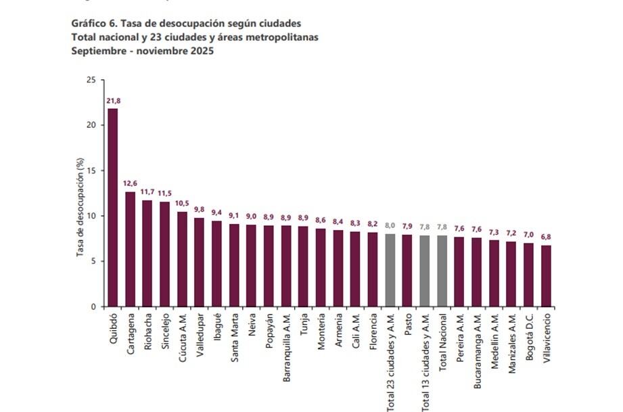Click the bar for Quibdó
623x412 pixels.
[x=112, y=208]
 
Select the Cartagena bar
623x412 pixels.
[x=130, y=249]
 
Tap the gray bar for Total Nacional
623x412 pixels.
[x=442, y=271]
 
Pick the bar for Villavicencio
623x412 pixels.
[x=546, y=275]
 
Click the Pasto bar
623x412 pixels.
[x=407, y=271]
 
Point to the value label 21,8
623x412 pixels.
[x=113, y=101]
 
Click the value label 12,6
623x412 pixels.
[x=130, y=184]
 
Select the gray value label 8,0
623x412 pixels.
[x=390, y=226]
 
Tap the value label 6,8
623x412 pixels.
[x=546, y=237]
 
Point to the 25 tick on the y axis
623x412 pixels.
[x=91, y=80]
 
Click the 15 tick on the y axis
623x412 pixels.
[x=91, y=170]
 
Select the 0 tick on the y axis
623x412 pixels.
[x=93, y=306]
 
